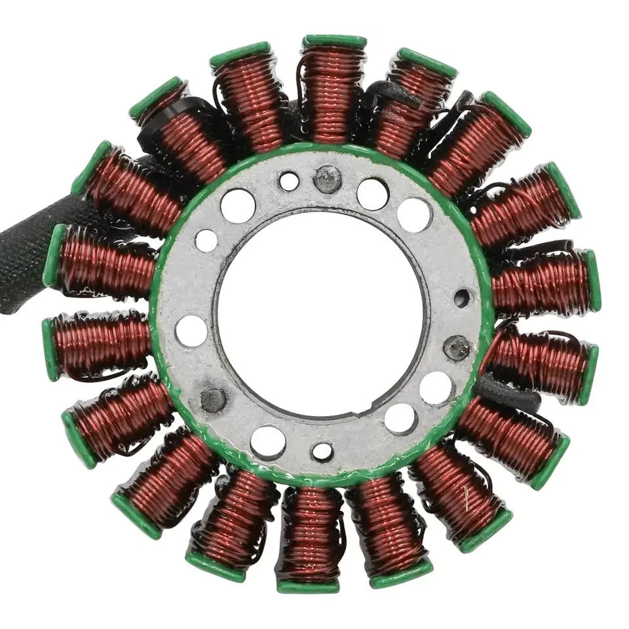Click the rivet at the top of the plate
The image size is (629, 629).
point(328,178)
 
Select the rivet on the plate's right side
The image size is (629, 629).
point(456,347)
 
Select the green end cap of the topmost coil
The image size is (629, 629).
point(334,41)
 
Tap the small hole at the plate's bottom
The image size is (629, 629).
point(322,451)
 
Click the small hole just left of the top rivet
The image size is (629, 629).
point(289,181)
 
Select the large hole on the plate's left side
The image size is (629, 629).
point(191,330)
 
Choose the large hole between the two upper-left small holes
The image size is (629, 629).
point(237,205)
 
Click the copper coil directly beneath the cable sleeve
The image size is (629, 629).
point(105,269)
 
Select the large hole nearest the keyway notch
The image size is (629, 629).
point(400,417)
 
